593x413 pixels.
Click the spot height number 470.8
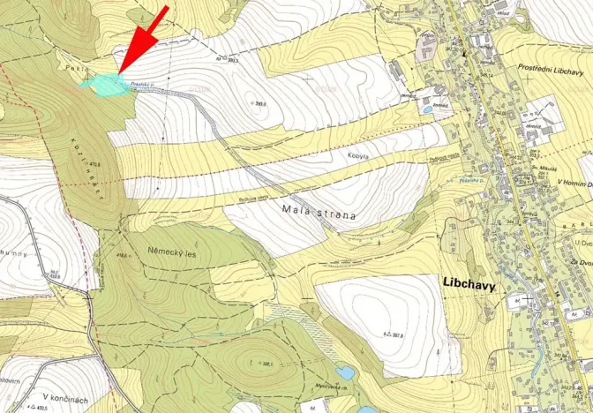(84, 163)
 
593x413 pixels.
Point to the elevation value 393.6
(260, 104)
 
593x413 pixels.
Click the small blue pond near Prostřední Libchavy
(427, 111)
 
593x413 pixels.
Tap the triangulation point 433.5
(37, 408)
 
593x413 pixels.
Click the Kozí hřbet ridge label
(87, 168)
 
